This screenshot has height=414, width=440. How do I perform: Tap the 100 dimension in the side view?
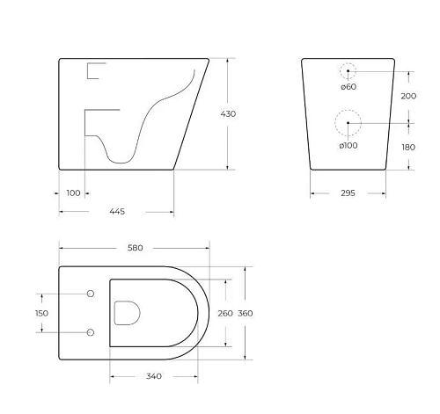pyautogui.click(x=72, y=192)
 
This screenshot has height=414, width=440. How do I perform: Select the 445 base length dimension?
pyautogui.click(x=116, y=212)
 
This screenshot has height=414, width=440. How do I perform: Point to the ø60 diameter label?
pyautogui.click(x=348, y=86)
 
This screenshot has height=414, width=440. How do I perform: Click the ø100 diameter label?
pyautogui.click(x=348, y=144)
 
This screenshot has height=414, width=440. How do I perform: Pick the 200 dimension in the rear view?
pyautogui.click(x=407, y=96)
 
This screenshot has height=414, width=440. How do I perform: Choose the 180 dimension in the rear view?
pyautogui.click(x=407, y=147)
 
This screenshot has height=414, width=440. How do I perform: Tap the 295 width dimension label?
pyautogui.click(x=348, y=193)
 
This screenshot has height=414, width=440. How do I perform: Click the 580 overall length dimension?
pyautogui.click(x=134, y=248)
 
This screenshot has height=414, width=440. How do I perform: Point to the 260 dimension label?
pyautogui.click(x=225, y=313)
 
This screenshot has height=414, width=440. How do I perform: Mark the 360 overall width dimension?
pyautogui.click(x=246, y=313)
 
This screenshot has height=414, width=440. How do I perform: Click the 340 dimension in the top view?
pyautogui.click(x=153, y=376)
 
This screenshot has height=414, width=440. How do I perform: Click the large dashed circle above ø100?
pyautogui.click(x=348, y=122)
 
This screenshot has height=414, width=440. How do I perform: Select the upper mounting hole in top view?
pyautogui.click(x=91, y=293)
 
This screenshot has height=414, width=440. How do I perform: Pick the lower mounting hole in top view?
pyautogui.click(x=91, y=331)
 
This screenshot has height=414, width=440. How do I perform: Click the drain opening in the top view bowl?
pyautogui.click(x=128, y=312)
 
